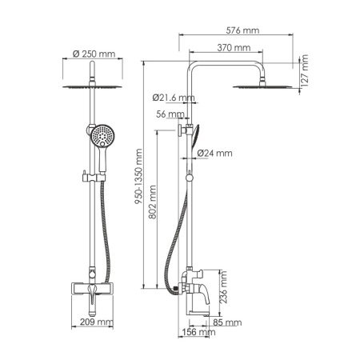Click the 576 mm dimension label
click(x=242, y=30)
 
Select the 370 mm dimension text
click(x=234, y=48)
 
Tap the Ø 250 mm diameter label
click(x=94, y=54)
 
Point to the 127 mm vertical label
click(x=304, y=70)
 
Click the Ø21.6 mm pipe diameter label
click(x=174, y=98)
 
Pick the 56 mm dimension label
click(x=170, y=114)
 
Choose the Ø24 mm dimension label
click(x=214, y=153)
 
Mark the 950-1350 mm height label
click(x=138, y=177)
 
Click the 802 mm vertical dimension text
click(x=152, y=202)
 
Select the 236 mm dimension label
click(x=223, y=287)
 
